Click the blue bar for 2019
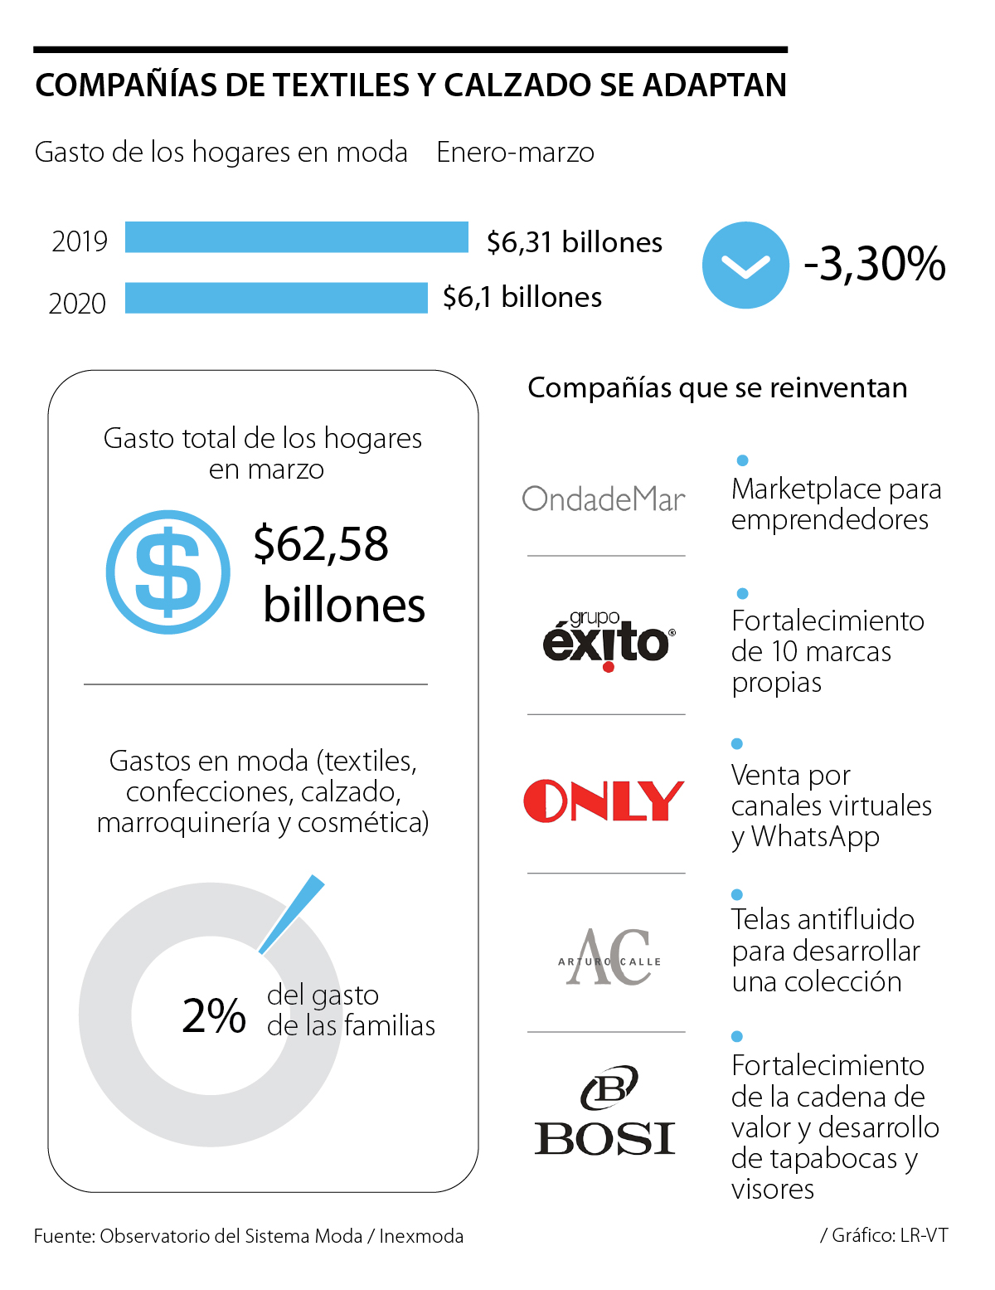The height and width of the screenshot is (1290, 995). click(x=296, y=237)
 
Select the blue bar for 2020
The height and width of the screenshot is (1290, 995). click(x=276, y=298)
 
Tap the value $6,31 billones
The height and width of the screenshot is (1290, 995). click(x=575, y=242)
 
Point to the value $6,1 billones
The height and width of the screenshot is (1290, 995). click(x=522, y=297)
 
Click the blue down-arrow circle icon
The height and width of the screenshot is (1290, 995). click(x=745, y=265)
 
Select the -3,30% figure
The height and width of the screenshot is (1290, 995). click(x=875, y=264)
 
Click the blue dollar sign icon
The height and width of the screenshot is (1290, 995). click(x=168, y=572)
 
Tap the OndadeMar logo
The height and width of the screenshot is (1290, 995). click(x=604, y=499)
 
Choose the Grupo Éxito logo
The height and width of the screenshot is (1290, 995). click(x=609, y=640)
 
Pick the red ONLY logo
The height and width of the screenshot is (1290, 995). click(x=604, y=801)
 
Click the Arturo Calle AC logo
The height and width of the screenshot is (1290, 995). click(x=609, y=958)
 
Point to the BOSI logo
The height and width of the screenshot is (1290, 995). click(x=605, y=1112)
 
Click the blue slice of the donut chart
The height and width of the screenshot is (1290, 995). click(x=292, y=913)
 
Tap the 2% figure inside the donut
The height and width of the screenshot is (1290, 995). click(x=214, y=1015)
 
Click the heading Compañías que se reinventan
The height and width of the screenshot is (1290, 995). click(x=717, y=387)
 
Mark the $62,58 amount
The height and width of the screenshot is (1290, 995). click(x=321, y=544)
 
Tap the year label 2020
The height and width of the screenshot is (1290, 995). click(x=77, y=304)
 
